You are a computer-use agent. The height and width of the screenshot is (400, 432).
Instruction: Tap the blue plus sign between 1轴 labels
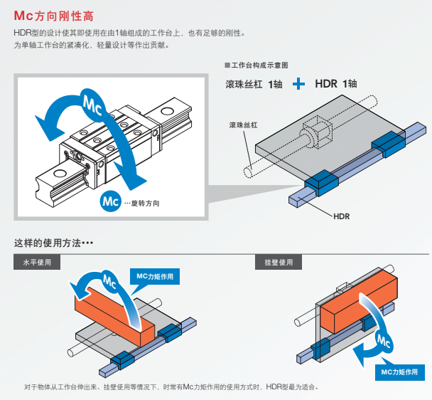coord(299,84)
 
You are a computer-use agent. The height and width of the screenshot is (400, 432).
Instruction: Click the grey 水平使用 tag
coord(37,262)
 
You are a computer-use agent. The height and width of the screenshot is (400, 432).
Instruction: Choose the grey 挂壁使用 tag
coord(279,262)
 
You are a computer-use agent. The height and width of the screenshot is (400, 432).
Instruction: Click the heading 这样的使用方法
coord(53,243)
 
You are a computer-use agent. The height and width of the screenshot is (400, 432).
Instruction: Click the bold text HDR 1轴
coord(335,84)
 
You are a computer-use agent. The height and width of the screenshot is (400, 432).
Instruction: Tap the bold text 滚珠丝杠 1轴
coord(253,84)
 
